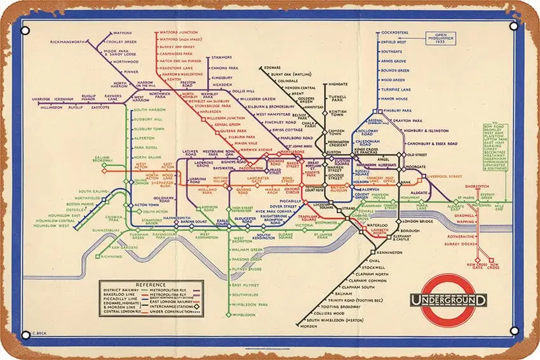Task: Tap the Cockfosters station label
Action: (395, 32)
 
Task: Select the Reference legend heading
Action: (151, 284)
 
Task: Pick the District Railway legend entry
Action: (120, 291)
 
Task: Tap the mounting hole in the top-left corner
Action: (25, 30)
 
